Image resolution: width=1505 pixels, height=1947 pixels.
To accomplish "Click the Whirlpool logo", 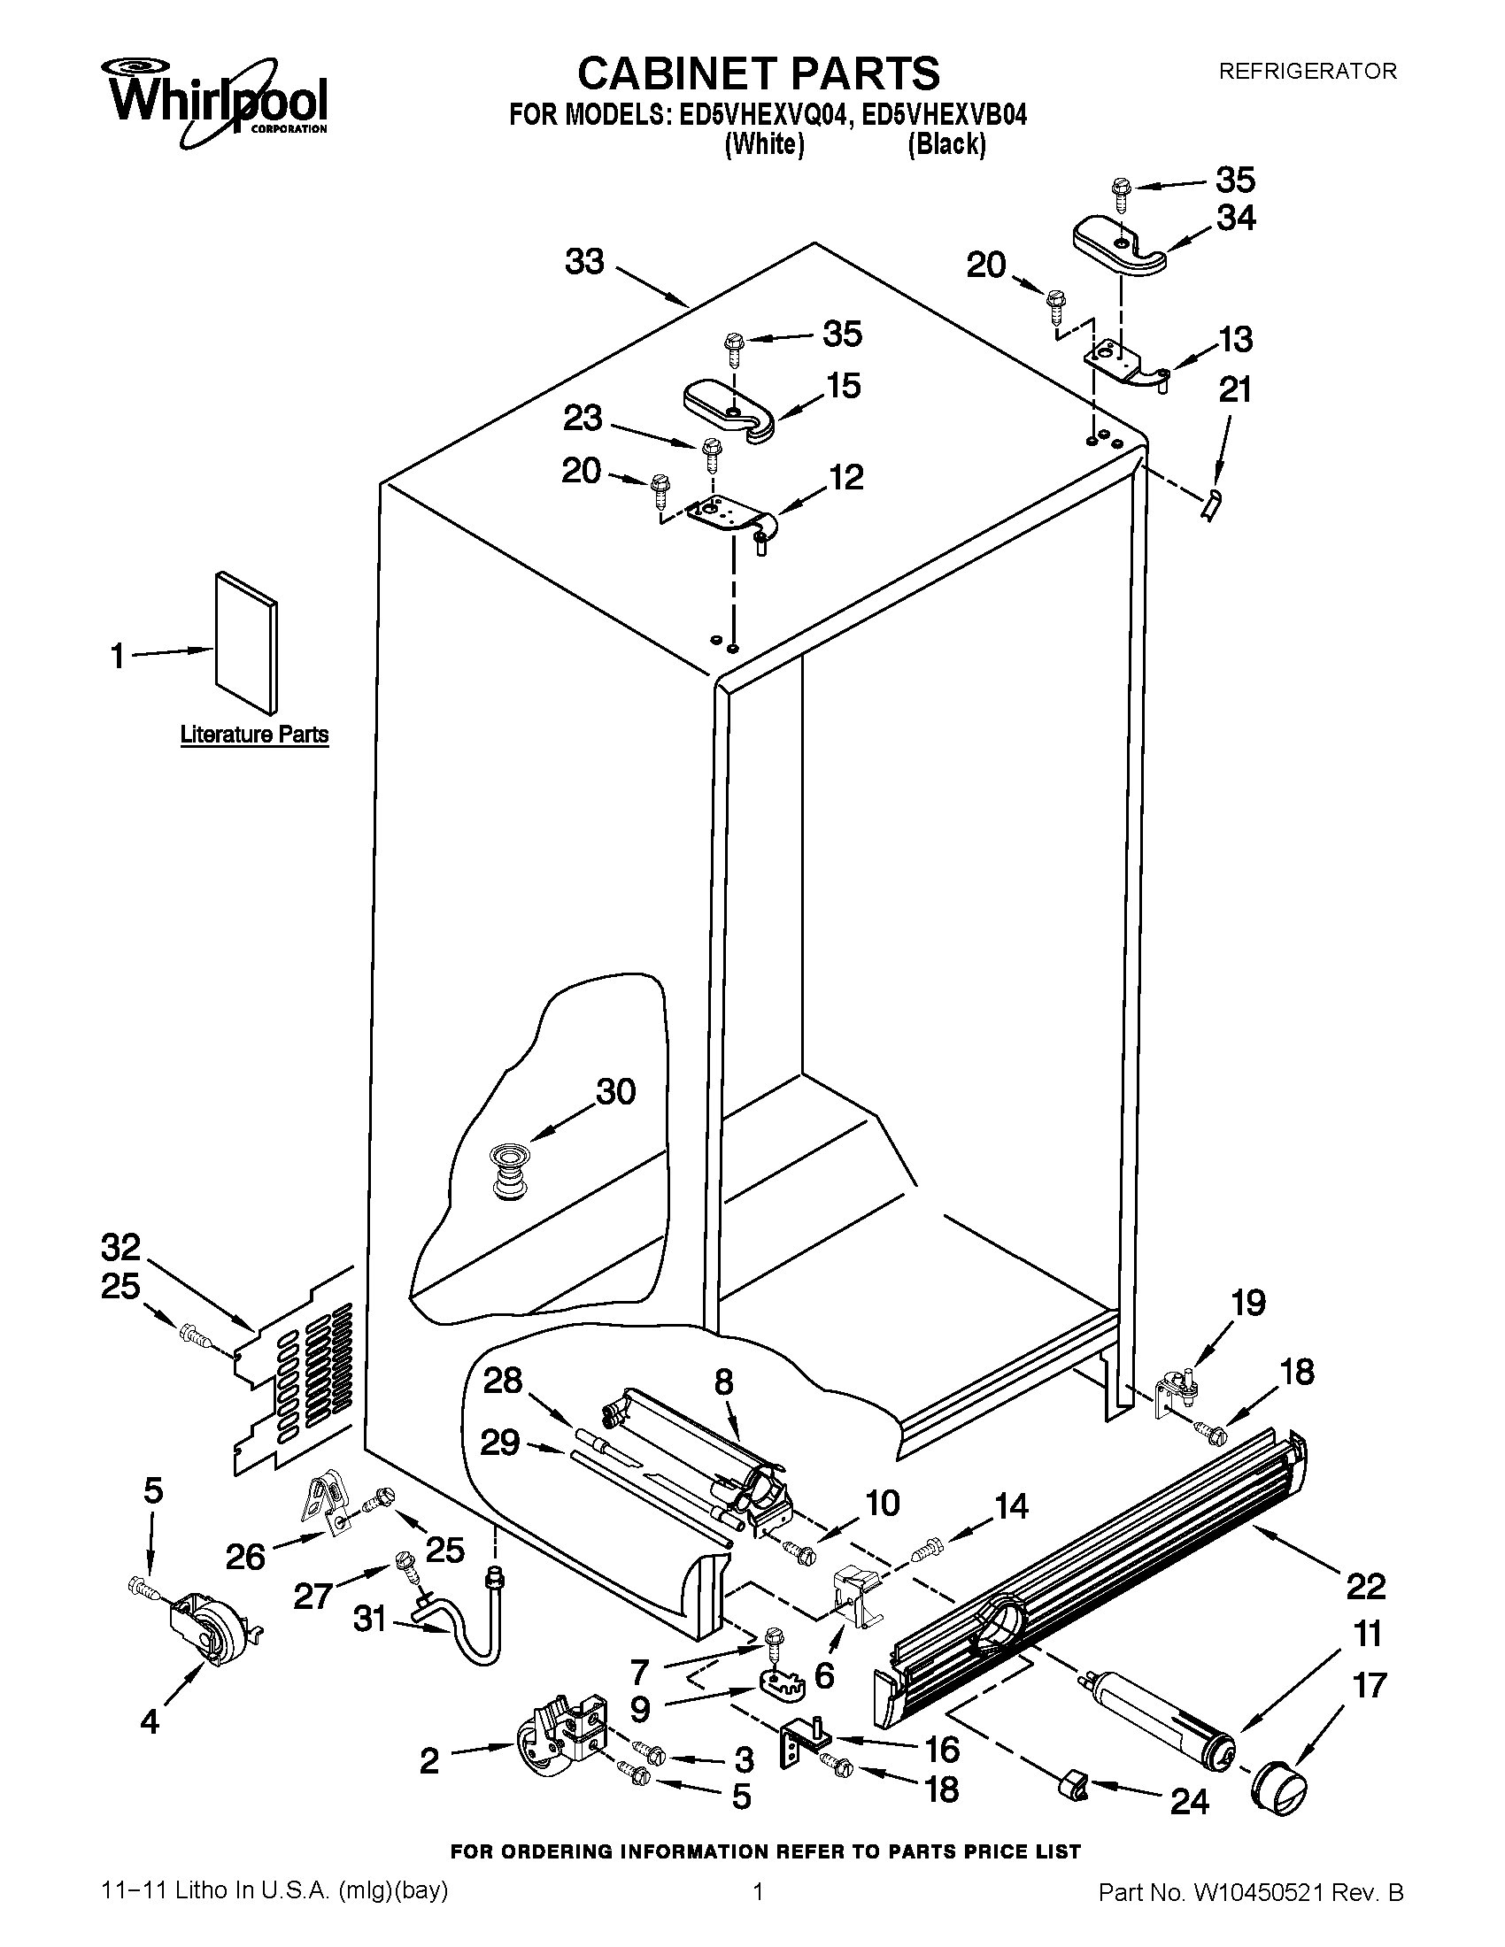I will coord(219,101).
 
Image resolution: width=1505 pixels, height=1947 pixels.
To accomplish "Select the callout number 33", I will coord(585,262).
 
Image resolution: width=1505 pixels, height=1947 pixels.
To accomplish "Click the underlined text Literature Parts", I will coord(254,735).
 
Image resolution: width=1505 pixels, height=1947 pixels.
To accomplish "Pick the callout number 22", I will coord(1365,1586).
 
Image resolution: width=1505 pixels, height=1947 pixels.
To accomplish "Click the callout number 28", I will coord(502,1381).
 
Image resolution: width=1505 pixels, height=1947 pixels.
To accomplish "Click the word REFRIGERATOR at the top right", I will coord(1307,72).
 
